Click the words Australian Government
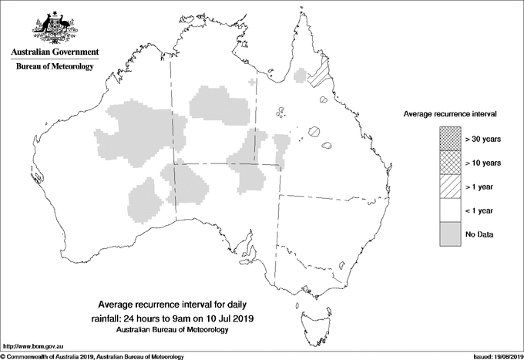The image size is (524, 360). tap(54, 52)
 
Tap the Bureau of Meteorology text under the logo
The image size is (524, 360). tap(54, 67)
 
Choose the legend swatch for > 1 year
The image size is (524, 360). tap(451, 186)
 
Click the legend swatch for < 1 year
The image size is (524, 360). tap(451, 210)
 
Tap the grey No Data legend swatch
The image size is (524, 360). tap(451, 234)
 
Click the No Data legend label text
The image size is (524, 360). tap(479, 234)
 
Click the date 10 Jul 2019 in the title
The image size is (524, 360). tap(230, 318)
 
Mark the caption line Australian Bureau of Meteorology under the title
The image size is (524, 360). tap(173, 329)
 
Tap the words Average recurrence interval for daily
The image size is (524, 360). tap(172, 304)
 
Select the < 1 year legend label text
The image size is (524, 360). tap(480, 210)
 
